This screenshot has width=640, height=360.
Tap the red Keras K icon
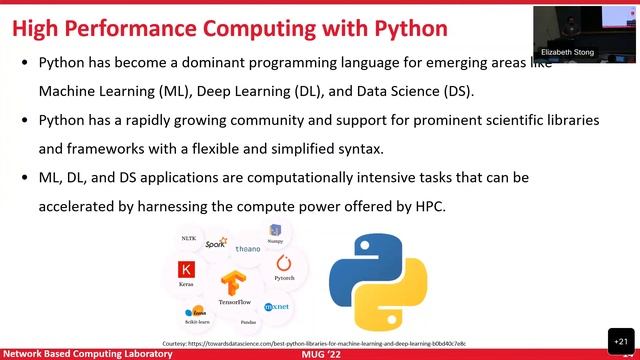tap(186, 270)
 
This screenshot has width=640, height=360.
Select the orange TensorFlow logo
tap(236, 283)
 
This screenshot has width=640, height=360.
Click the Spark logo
tap(216, 243)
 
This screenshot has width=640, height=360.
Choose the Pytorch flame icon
tap(283, 263)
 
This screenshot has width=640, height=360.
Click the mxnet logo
tap(276, 306)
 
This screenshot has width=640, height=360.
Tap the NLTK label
tap(188, 239)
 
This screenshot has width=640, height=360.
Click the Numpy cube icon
tap(275, 231)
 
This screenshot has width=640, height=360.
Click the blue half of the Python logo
tap(355, 263)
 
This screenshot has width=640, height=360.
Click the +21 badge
tap(619, 339)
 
